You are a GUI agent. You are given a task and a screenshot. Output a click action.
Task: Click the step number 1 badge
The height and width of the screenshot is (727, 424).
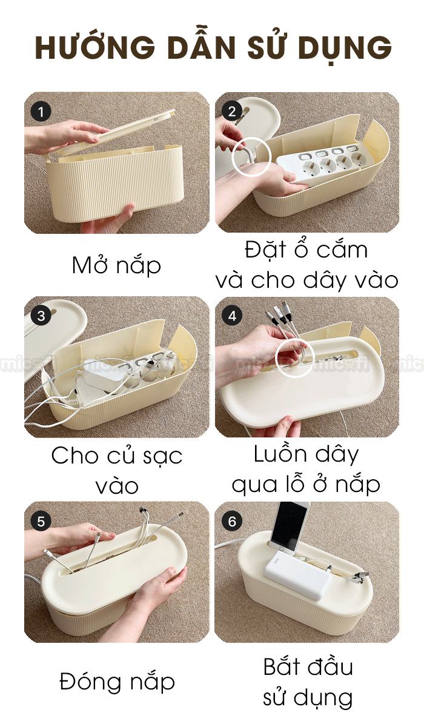click(41, 112)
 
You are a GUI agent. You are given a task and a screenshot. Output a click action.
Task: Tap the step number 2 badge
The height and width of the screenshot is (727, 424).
click(232, 111)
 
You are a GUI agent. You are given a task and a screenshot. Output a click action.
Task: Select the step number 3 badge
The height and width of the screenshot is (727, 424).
click(41, 316)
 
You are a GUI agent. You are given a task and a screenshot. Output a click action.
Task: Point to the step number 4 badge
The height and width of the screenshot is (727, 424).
click(232, 316)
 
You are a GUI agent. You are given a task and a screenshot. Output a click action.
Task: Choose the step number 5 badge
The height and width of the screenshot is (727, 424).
click(41, 522)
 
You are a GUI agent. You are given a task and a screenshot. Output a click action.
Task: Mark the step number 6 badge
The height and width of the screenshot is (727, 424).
click(232, 522)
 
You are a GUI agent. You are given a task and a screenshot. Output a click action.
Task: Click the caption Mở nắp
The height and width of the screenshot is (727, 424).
click(116, 265)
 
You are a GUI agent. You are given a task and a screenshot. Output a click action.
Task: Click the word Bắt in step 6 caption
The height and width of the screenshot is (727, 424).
click(281, 666)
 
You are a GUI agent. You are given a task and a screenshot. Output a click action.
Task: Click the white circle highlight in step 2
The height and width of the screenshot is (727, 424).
click(251, 157)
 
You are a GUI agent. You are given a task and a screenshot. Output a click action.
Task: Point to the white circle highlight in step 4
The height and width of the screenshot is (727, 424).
click(294, 358)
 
